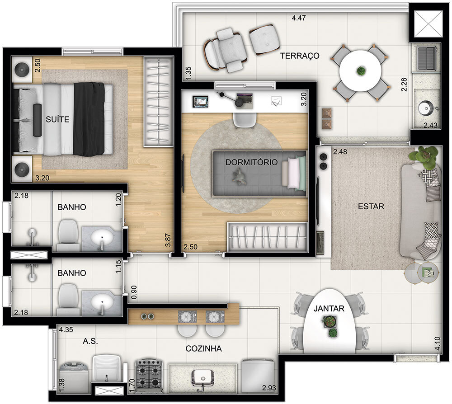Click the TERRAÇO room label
point(299,56)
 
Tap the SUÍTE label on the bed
point(57,119)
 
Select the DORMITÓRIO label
point(251,162)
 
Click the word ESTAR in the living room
point(371,207)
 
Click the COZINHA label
point(203,348)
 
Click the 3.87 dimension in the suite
point(168,239)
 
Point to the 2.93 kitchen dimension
point(269,388)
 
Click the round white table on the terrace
point(360,70)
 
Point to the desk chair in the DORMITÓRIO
point(244,119)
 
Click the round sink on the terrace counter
point(425,108)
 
